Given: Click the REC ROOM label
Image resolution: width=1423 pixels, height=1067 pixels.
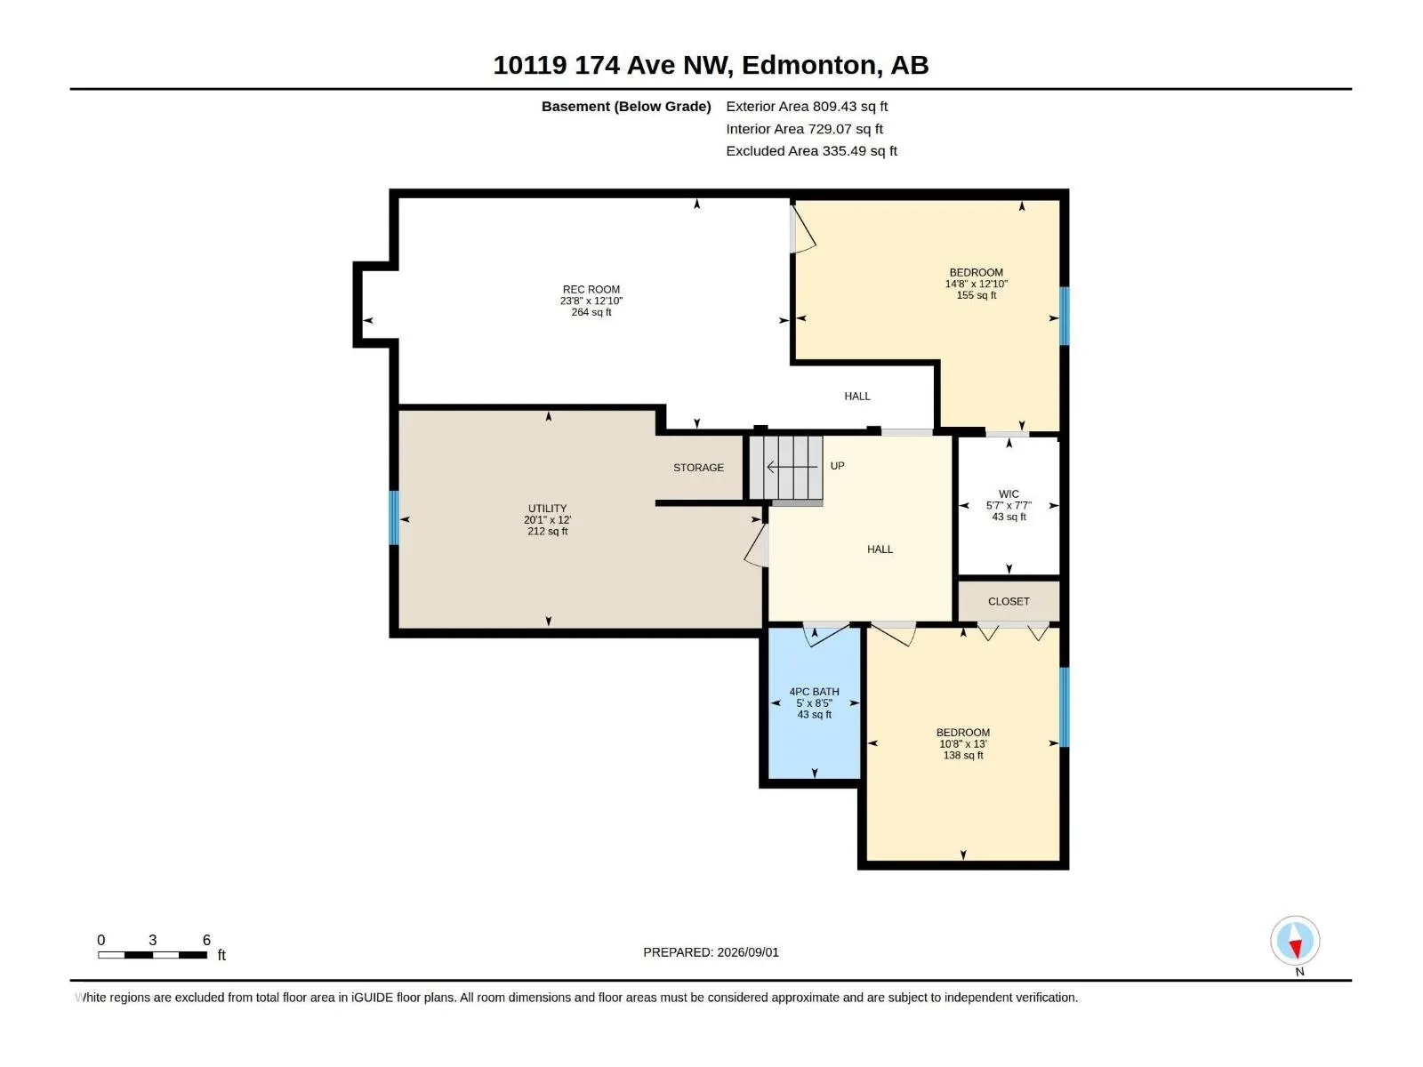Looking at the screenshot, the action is [x=591, y=290].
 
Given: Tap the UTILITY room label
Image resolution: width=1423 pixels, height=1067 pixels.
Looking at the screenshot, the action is [x=547, y=509].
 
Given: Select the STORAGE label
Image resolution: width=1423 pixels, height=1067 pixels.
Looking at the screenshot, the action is [x=698, y=468].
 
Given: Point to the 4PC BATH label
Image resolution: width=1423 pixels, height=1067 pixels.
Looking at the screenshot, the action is [x=814, y=692].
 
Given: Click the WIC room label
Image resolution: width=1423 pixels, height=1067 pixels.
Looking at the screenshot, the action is [x=1009, y=494].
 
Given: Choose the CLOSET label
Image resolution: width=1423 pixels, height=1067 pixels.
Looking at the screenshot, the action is [x=1008, y=602].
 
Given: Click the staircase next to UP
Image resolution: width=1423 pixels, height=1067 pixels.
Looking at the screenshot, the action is [x=785, y=467].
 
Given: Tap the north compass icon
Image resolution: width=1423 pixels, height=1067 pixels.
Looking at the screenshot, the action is [x=1295, y=941].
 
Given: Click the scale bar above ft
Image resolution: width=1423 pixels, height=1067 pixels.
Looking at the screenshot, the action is [x=152, y=955].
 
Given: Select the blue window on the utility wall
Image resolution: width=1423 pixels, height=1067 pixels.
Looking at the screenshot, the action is [x=393, y=517].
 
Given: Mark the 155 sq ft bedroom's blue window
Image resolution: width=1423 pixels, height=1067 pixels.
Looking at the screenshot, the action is [x=1064, y=317].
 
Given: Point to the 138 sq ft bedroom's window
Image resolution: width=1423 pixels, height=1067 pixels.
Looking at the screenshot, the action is [x=1064, y=707].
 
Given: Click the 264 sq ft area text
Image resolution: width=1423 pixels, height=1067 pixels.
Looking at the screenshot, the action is [x=591, y=312].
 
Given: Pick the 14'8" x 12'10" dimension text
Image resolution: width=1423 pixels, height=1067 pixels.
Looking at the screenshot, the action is [x=976, y=284].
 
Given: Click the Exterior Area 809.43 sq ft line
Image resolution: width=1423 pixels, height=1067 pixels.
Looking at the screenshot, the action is [x=807, y=106].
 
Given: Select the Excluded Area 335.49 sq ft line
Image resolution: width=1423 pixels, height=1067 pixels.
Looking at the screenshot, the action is [x=811, y=151].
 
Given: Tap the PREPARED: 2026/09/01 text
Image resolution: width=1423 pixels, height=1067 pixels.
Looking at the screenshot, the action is [x=711, y=952].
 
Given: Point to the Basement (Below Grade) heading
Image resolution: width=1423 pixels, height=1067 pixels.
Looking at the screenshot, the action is [x=626, y=106].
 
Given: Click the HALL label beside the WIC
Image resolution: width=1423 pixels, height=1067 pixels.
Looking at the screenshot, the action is [x=880, y=550].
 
